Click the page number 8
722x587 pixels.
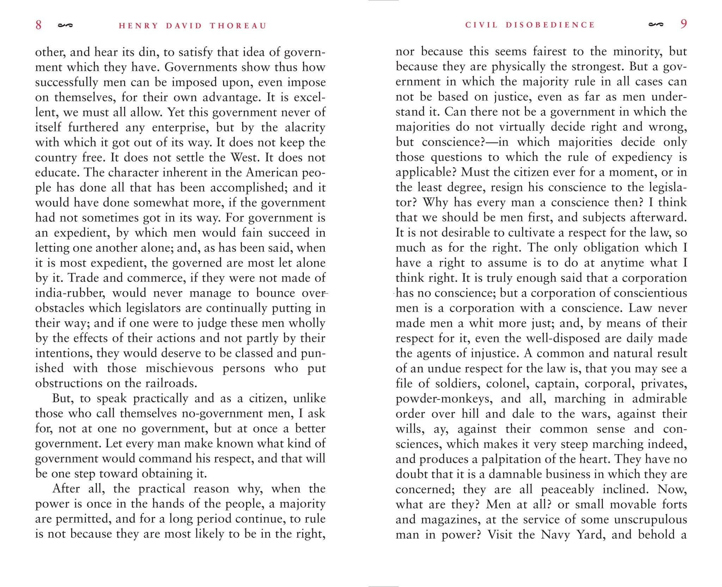tap(38, 25)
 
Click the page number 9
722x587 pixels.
tap(684, 24)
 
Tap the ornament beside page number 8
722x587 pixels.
tap(65, 25)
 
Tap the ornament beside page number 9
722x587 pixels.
tap(656, 25)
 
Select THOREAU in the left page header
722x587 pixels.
tap(238, 26)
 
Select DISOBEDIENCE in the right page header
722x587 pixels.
tap(550, 25)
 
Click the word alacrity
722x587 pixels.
tap(305, 127)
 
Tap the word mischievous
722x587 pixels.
tap(179, 368)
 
